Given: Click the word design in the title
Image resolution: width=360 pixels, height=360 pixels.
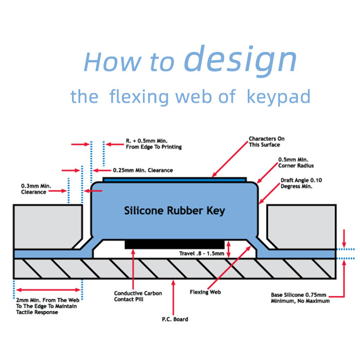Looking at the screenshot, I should click(x=240, y=60).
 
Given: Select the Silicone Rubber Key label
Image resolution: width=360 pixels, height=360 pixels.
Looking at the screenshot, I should click(x=175, y=210).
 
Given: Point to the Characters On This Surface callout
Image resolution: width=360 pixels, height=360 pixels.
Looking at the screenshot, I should click(x=266, y=142).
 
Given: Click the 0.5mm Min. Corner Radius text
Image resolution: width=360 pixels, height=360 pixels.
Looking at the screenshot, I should click(x=296, y=163).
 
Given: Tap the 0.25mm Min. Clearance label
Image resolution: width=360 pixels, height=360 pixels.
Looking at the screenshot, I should click(x=142, y=170).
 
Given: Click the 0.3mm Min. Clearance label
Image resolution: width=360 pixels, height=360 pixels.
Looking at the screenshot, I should click(x=33, y=189).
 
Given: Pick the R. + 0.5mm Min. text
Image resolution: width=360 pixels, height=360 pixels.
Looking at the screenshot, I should click(x=154, y=143).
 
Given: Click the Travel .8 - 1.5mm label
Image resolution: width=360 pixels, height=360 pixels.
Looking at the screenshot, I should click(x=201, y=254).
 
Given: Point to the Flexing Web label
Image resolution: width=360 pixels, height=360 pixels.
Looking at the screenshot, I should click(x=206, y=292).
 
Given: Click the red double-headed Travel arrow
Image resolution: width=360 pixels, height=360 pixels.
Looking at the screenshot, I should click(x=228, y=249).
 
